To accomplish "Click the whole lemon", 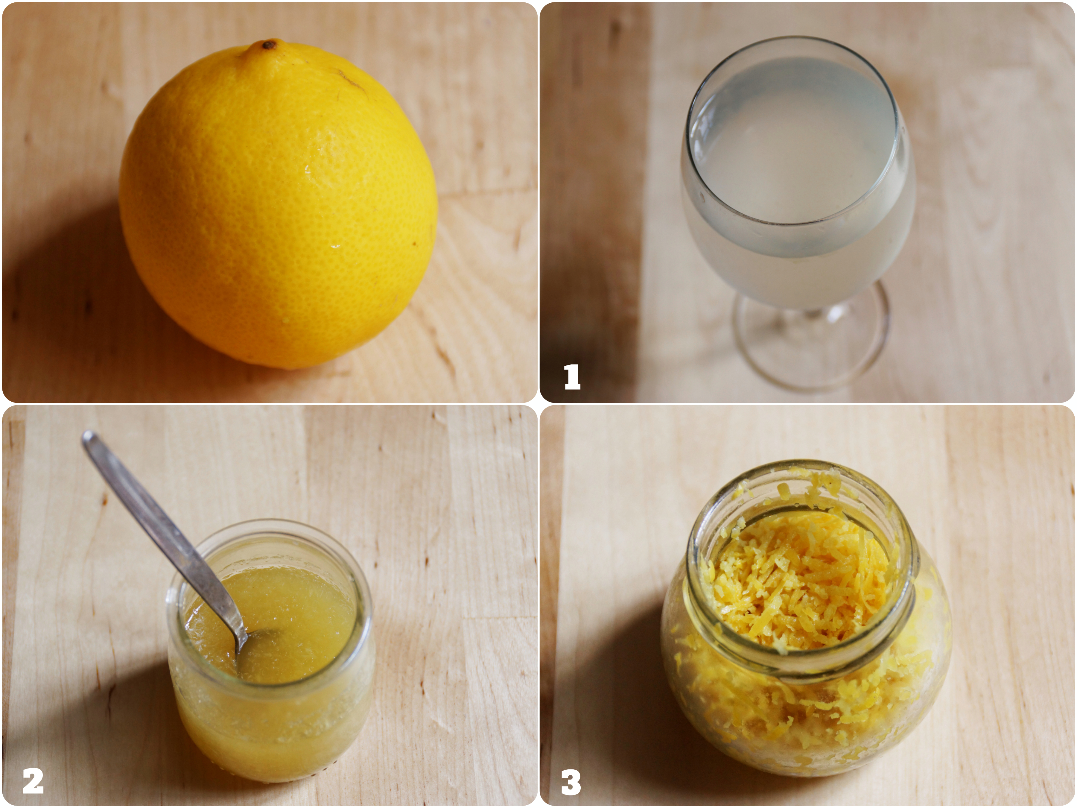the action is (x=279, y=205).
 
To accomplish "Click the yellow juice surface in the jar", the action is (x=273, y=616).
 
